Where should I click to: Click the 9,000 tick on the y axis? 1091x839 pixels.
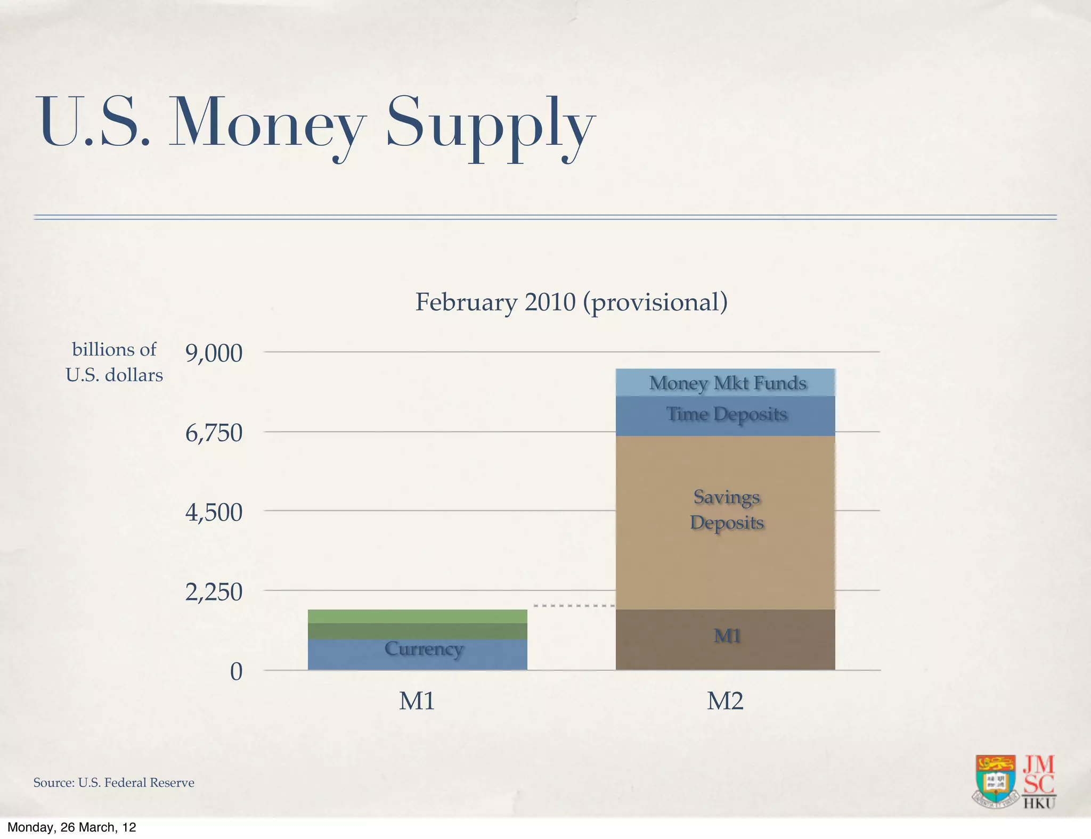click(x=214, y=353)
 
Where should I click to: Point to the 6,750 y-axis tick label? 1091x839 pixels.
click(x=214, y=433)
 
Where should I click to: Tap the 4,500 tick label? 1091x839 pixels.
click(x=214, y=513)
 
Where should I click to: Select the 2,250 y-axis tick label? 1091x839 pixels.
click(x=214, y=592)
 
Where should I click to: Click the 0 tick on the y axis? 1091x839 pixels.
click(x=236, y=672)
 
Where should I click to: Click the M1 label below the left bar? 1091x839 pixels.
click(x=417, y=701)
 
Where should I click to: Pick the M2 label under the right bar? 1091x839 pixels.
click(x=725, y=701)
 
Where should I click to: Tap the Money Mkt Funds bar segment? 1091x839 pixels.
click(x=725, y=383)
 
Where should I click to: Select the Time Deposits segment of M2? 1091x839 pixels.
click(x=725, y=416)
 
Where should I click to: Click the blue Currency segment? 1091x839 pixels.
click(x=417, y=654)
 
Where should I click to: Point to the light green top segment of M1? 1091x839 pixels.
click(x=417, y=616)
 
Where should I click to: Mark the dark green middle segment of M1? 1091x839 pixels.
click(x=417, y=631)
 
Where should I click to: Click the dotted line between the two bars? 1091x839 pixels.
click(x=574, y=606)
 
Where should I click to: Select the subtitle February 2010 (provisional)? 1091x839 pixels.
click(x=571, y=302)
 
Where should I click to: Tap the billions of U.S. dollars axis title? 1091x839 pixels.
click(x=114, y=362)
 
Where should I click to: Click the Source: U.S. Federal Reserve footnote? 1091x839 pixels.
click(x=113, y=783)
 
